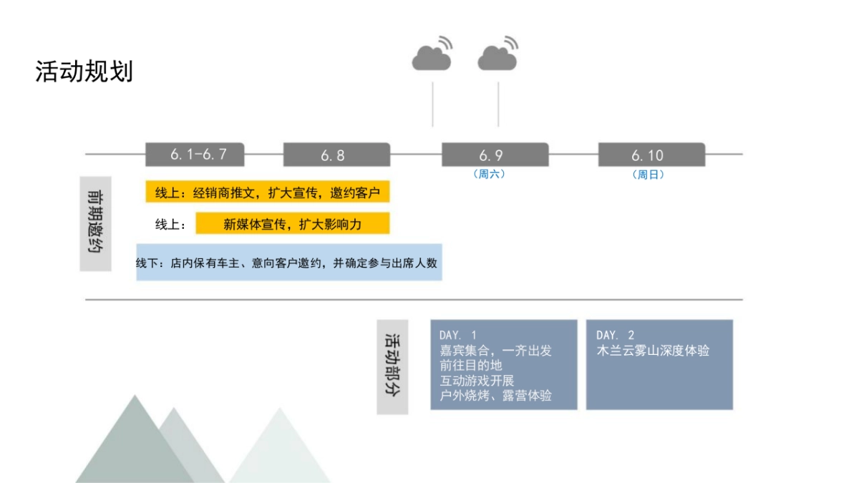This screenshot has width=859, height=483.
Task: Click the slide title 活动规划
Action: tap(84, 72)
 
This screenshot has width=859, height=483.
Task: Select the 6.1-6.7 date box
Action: tap(195, 155)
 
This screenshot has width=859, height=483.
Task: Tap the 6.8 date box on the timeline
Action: tap(336, 155)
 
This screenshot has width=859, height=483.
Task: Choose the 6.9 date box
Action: tap(495, 155)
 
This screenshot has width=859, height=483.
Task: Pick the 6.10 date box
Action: tap(651, 155)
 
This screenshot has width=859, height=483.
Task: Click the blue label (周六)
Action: tap(489, 174)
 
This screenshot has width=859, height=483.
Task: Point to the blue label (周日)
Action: tap(648, 175)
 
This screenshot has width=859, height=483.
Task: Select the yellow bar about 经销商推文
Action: tap(267, 192)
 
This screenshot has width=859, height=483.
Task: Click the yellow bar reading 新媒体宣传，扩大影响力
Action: tap(292, 224)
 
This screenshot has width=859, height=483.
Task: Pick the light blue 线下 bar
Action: tap(288, 263)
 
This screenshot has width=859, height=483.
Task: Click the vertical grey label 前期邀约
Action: tap(95, 224)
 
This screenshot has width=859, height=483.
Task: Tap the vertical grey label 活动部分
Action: tap(392, 366)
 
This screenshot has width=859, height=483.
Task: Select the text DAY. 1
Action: tap(457, 335)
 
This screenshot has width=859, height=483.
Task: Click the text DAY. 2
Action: tap(615, 335)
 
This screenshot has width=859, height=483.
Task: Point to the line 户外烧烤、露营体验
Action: tap(495, 396)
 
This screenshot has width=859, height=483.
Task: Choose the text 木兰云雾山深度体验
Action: tap(653, 351)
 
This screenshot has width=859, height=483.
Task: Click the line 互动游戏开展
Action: tap(477, 381)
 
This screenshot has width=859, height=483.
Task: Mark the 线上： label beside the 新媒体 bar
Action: tap(171, 225)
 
